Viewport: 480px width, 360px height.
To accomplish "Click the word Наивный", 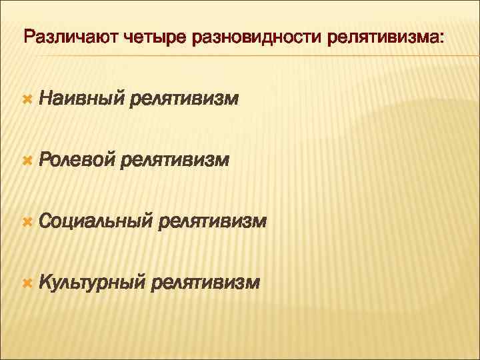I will (81, 100).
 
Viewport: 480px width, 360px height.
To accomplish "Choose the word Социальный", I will (96, 221).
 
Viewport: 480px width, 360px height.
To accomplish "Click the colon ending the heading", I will (439, 38).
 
